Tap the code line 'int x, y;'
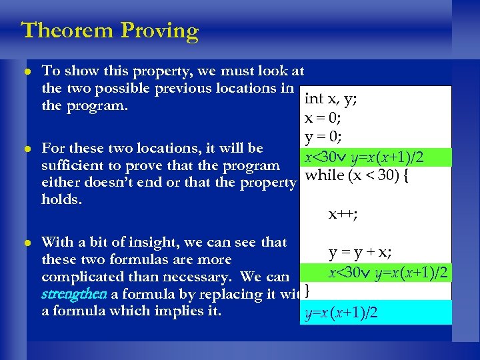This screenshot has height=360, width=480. pos(330,99)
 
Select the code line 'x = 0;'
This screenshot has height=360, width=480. pos(324,119)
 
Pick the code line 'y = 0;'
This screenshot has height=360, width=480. pos(324,138)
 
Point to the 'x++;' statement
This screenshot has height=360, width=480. pos(343,214)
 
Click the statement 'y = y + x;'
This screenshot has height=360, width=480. pos(360,253)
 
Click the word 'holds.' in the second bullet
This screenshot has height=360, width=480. pos(61,199)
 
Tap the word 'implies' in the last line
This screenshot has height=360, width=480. pos(173,311)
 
